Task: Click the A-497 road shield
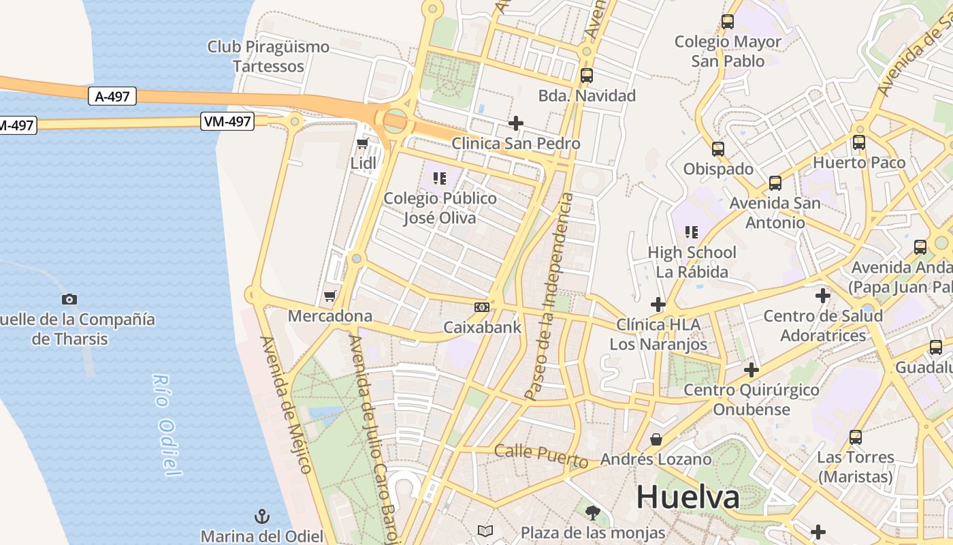[112, 97]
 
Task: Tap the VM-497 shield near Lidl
[227, 122]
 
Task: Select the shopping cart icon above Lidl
[363, 144]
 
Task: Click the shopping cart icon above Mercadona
[330, 296]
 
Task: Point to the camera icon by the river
[69, 299]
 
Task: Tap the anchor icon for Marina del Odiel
[262, 516]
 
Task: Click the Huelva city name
[688, 497]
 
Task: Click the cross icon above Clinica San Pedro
[516, 123]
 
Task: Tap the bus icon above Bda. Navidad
[587, 76]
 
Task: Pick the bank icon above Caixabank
[482, 307]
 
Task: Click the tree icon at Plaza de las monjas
[593, 512]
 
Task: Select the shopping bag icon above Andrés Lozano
[656, 439]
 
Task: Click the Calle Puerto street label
[541, 455]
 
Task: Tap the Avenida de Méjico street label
[286, 405]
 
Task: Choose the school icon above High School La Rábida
[692, 232]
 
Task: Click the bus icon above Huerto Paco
[859, 142]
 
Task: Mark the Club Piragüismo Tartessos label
[268, 57]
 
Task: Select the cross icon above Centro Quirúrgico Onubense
[752, 370]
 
